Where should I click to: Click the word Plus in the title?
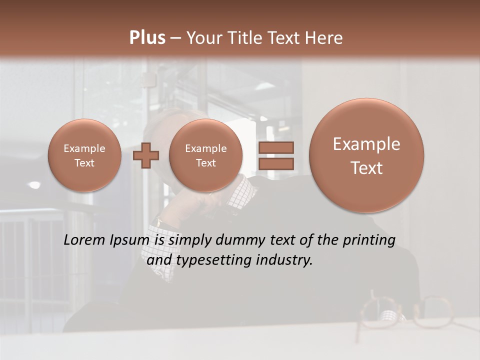click(147, 38)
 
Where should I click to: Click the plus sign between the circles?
click(146, 155)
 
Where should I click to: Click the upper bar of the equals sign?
click(275, 147)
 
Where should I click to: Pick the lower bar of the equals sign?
click(275, 163)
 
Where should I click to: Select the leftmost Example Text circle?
click(84, 155)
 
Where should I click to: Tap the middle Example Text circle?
click(206, 155)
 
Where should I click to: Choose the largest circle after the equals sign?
click(366, 155)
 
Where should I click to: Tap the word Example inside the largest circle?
click(366, 144)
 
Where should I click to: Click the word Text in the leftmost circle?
click(84, 163)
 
